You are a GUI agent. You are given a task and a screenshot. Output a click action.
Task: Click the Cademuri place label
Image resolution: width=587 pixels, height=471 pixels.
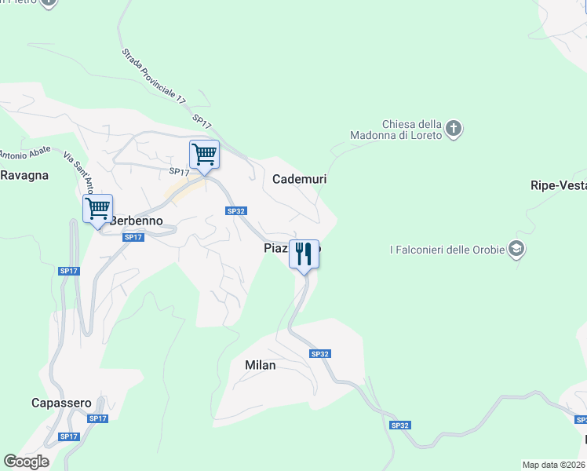pyautogui.click(x=299, y=179)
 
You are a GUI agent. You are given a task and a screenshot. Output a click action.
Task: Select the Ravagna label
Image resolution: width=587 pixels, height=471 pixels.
pyautogui.click(x=24, y=175)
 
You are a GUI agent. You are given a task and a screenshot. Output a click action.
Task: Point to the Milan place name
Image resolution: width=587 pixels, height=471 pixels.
pyautogui.click(x=260, y=365)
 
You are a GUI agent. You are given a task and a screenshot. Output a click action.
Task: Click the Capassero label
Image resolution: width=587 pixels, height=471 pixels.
pyautogui.click(x=61, y=403)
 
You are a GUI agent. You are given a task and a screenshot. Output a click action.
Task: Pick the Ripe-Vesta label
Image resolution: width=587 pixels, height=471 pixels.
pyautogui.click(x=558, y=185)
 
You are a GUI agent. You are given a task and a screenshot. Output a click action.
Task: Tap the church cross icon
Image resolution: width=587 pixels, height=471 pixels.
pyautogui.click(x=454, y=128)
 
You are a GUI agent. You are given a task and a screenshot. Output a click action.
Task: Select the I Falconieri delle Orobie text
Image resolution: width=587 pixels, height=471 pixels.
pyautogui.click(x=448, y=250)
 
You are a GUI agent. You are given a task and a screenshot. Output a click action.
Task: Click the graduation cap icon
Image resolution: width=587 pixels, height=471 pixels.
pyautogui.click(x=516, y=250)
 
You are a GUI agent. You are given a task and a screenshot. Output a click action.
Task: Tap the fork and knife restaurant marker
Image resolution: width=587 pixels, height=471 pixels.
pyautogui.click(x=304, y=254)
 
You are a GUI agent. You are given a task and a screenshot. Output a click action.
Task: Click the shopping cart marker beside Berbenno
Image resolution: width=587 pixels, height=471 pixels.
pyautogui.click(x=98, y=209)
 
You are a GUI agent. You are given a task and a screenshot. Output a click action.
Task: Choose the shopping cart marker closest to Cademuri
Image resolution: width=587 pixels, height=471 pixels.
pyautogui.click(x=204, y=154)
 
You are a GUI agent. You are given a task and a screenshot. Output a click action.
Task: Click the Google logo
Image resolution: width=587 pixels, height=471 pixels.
pyautogui.click(x=26, y=462)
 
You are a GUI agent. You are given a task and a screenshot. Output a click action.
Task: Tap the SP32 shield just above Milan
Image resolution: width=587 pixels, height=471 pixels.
pyautogui.click(x=319, y=354)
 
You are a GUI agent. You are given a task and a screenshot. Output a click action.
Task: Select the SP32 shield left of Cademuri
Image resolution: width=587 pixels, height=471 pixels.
pyautogui.click(x=236, y=210)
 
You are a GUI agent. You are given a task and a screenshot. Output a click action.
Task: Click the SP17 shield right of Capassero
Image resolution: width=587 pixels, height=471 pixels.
pyautogui.click(x=97, y=418)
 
